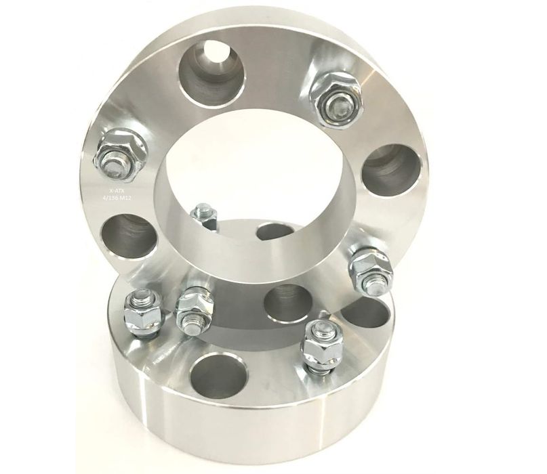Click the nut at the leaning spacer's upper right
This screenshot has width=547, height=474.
coord(335,99)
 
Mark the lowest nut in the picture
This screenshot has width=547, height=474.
coord(320,345)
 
